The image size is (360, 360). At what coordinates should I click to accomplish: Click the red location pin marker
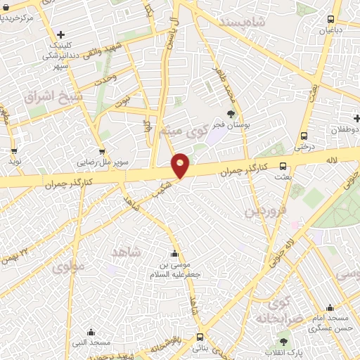pos(181,165)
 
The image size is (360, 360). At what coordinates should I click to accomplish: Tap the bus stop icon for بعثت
pos(283,167)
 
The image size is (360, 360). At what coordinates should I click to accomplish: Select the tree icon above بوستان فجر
pos(231,112)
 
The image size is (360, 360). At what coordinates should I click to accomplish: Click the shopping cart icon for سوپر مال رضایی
pos(103,150)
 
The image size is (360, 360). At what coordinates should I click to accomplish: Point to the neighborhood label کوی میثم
pos(188,131)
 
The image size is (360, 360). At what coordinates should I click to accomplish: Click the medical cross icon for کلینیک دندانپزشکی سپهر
pos(61,34)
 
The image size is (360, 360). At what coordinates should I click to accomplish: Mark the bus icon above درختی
pos(304,136)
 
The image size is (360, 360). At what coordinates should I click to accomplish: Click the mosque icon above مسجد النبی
pos(91,332)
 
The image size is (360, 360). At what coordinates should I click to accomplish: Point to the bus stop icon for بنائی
pos(201,337)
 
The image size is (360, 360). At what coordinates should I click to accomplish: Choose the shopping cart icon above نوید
pos(14,150)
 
